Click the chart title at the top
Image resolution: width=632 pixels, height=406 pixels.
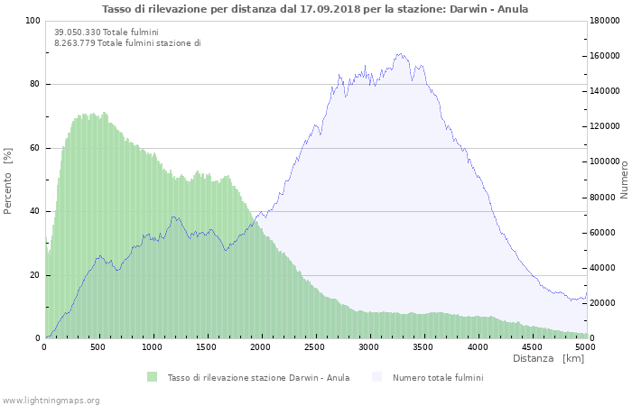point(315,9)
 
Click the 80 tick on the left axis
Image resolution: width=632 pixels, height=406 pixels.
point(34,85)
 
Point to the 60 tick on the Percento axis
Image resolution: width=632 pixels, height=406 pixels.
point(34,148)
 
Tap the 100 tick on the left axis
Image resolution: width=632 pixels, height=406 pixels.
point(33,21)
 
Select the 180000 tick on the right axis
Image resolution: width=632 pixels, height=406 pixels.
point(607,21)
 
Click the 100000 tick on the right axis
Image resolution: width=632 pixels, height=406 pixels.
point(607,161)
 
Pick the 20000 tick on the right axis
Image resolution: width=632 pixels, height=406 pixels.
point(604,303)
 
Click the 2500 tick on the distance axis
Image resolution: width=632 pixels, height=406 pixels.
point(315,347)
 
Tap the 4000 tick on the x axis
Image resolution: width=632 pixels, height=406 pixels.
point(477,347)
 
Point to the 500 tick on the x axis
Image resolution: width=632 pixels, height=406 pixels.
point(99,347)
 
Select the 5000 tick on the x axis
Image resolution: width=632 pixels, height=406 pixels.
point(585,347)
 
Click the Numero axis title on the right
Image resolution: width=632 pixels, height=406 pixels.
point(624,180)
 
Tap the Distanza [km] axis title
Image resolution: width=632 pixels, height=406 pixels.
point(548,359)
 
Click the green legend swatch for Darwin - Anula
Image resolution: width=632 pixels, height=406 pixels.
point(152,377)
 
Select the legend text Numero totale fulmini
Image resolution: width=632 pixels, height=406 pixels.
point(438,377)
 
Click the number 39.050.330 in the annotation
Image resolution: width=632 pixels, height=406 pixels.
point(77,32)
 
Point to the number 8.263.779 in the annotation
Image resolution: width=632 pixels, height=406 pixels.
point(74,42)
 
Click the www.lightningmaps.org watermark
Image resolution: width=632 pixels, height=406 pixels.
point(51,400)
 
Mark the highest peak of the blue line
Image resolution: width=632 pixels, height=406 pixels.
point(400,54)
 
